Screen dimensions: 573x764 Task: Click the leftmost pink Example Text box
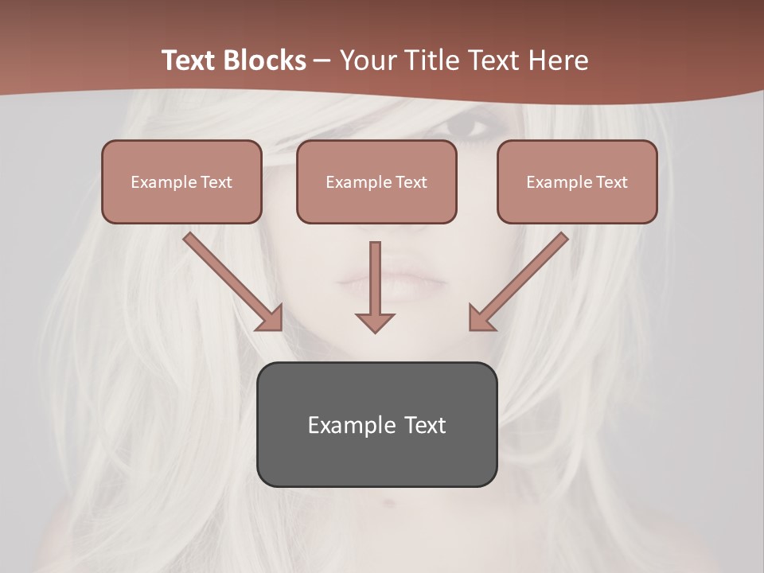pyautogui.click(x=181, y=182)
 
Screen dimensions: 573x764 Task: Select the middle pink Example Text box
pyautogui.click(x=376, y=182)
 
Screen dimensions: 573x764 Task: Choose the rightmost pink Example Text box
pyautogui.click(x=577, y=182)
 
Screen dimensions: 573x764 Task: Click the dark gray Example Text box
pyautogui.click(x=376, y=424)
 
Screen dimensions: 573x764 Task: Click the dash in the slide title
pyautogui.click(x=323, y=60)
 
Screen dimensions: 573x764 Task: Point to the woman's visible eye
pyautogui.click(x=467, y=126)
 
